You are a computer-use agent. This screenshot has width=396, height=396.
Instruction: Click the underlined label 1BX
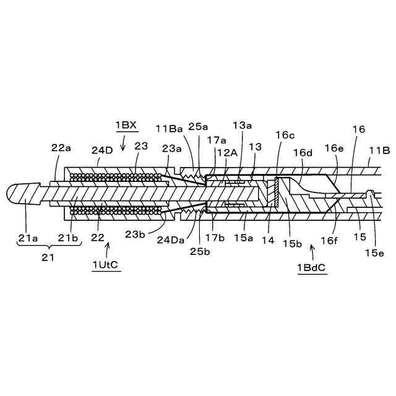click(x=126, y=125)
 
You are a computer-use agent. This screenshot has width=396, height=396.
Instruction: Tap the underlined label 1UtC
click(x=106, y=265)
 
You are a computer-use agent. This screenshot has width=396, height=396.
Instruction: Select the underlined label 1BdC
click(x=312, y=268)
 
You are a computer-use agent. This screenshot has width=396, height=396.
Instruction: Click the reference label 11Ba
click(x=169, y=129)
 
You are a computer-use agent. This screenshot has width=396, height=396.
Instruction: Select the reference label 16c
click(x=285, y=134)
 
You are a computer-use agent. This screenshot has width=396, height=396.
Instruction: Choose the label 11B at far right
click(x=379, y=149)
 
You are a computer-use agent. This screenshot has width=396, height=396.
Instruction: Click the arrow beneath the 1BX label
click(x=124, y=145)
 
